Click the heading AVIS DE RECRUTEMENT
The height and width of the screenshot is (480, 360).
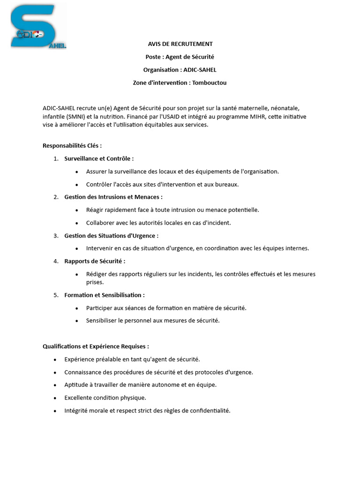180,44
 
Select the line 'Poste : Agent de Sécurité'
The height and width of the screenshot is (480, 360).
180,57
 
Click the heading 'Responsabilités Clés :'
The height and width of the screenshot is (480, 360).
72,146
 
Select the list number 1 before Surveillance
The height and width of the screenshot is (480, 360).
56,159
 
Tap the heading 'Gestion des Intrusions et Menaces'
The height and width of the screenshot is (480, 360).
113,197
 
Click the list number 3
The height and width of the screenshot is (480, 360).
56,236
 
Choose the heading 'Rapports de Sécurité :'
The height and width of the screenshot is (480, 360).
95,261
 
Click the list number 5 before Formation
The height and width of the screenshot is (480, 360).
56,295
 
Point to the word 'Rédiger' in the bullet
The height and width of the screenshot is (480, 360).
97,274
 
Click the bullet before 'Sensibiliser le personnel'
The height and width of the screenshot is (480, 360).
77,321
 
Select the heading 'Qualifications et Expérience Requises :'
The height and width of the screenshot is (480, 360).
96,346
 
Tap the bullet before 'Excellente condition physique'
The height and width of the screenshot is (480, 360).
55,398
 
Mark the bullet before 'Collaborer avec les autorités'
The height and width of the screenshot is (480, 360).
77,223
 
